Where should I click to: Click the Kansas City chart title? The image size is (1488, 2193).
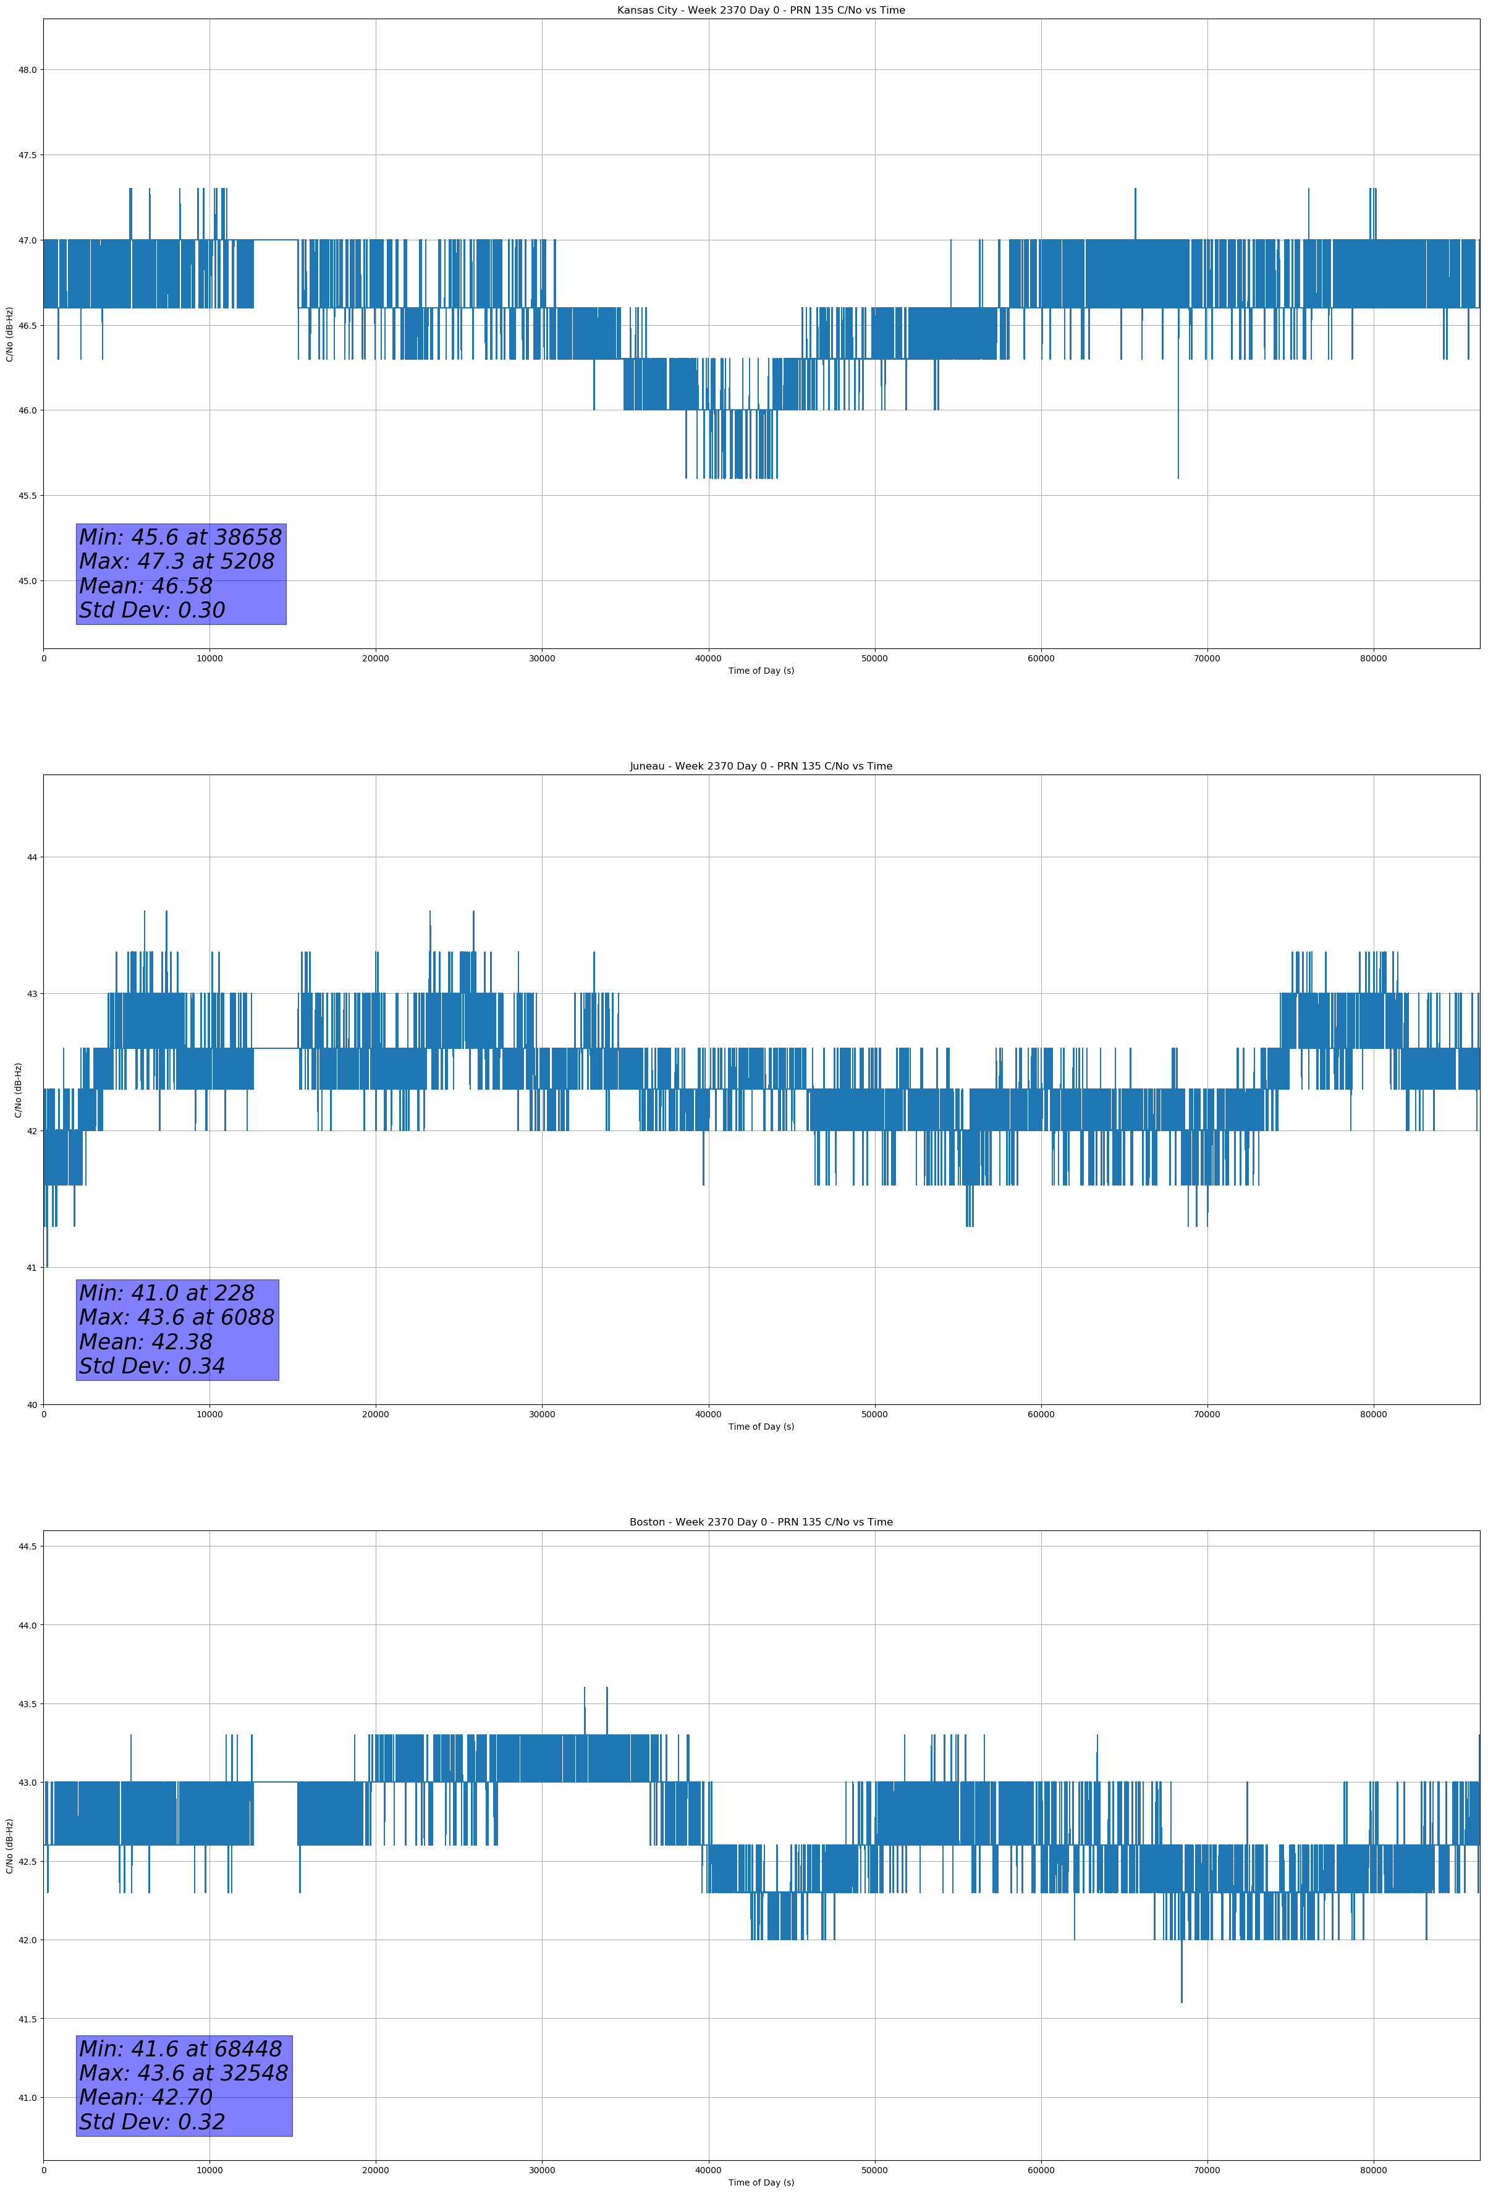click(761, 11)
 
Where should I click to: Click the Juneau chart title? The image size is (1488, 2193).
click(761, 766)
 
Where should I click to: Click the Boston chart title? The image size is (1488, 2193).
click(761, 1522)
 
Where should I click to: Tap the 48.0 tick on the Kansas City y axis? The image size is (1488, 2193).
click(27, 70)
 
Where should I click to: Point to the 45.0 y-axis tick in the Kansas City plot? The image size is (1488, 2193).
click(27, 581)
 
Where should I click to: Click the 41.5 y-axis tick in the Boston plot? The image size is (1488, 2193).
click(27, 2019)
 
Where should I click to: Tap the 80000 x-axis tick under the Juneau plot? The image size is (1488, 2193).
click(1373, 1414)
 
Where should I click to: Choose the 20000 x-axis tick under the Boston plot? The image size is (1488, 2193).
click(376, 2170)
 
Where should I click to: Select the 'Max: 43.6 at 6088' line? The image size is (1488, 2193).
click(177, 1317)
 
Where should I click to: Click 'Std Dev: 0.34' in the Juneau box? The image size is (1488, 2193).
click(152, 1367)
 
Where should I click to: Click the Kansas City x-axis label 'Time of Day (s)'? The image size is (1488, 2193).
click(761, 671)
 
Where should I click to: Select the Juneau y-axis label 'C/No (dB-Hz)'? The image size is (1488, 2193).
click(18, 1090)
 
